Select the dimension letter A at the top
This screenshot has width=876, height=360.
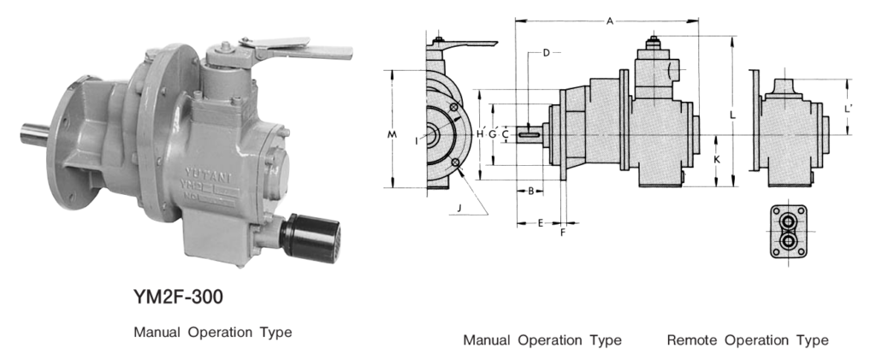click(609, 21)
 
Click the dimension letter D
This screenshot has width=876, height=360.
click(545, 53)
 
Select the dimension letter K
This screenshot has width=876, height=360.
click(717, 160)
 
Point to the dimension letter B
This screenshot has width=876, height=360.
click(530, 191)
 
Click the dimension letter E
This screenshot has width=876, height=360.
click(540, 222)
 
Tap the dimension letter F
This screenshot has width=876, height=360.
click(562, 232)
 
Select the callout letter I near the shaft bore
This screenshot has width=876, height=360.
click(417, 140)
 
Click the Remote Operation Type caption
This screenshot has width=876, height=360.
click(747, 340)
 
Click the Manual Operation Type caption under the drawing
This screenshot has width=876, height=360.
click(542, 340)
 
